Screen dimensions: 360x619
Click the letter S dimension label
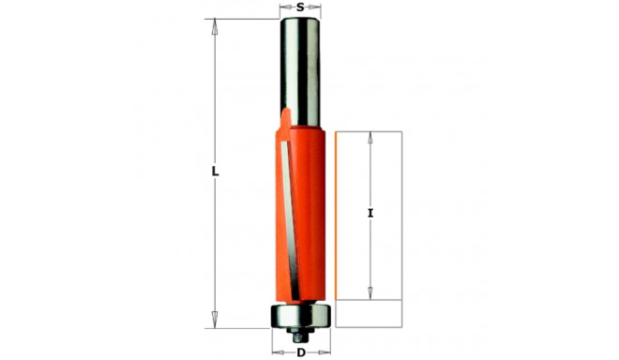300,7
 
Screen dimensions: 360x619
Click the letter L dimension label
215,172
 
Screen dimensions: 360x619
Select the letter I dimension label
371,214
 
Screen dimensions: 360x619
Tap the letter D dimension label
300,352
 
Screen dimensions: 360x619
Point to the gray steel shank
300,66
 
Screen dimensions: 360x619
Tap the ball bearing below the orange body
300,315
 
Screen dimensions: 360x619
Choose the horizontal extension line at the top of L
244,19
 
